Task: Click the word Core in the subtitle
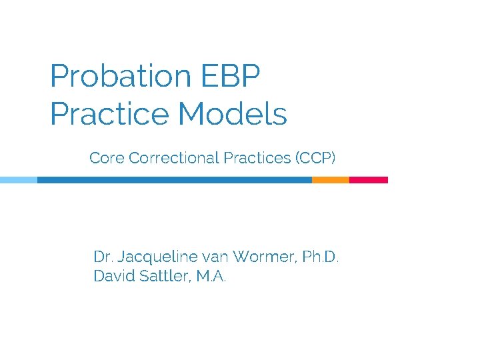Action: click(107, 158)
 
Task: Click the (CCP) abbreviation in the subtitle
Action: click(316, 158)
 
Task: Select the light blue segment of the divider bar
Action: click(18, 180)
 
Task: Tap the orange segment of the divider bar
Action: click(331, 180)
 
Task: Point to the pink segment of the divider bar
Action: click(369, 180)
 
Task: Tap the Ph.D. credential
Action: click(321, 257)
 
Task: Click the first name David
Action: click(114, 276)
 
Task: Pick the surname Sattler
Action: click(166, 276)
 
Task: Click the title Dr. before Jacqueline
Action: click(103, 257)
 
